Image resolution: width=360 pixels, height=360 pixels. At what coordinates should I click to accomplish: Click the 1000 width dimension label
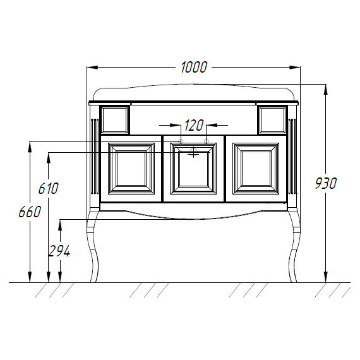point(194,68)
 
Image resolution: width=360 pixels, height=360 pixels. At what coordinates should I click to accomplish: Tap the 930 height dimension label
point(326,183)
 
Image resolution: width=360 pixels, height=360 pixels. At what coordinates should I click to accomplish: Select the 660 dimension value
point(30,212)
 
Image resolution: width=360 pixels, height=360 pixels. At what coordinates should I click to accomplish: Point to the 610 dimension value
point(49,188)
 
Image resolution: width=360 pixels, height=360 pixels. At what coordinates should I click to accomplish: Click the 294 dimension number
point(59,251)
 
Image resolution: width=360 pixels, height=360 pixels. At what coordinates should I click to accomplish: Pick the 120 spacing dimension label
point(194,125)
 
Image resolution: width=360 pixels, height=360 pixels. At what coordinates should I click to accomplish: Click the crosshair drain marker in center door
point(193,152)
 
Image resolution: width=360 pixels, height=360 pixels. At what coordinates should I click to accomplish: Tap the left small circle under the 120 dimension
point(181,141)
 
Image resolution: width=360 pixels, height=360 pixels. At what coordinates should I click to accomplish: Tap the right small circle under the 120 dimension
point(206,141)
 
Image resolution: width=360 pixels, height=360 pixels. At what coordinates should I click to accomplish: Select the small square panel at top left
point(115,120)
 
